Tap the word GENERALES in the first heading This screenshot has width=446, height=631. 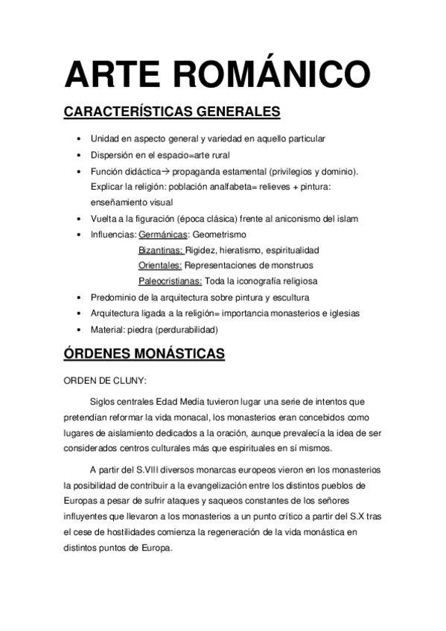coord(238,112)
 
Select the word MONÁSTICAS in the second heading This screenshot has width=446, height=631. coord(177,353)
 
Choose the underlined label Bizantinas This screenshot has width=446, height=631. coord(161,250)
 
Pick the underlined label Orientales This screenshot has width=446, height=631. coord(160,265)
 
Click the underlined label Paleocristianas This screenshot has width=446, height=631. coord(170,281)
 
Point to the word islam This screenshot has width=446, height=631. coord(345,218)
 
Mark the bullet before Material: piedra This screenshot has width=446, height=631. coord(80,329)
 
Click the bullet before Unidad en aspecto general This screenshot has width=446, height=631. coord(80,138)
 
